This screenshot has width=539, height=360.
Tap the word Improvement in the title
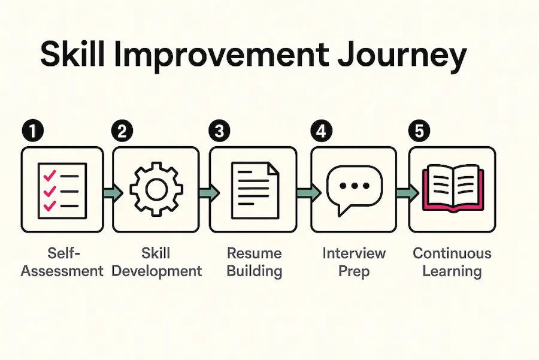tap(220, 55)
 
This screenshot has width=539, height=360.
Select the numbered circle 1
tap(33, 131)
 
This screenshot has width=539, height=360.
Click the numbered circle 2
tap(122, 131)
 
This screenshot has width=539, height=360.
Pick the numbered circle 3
tap(219, 131)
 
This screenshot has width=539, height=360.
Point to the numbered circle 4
tap(321, 131)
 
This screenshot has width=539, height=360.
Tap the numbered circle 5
tap(419, 131)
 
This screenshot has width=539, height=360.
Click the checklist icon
tap(62, 191)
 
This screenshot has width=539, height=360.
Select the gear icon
tap(156, 189)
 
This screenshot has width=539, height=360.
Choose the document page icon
tap(255, 190)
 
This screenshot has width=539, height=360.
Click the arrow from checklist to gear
tap(113, 192)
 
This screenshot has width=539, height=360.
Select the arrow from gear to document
tap(209, 192)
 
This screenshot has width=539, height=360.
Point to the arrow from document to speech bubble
tap(308, 192)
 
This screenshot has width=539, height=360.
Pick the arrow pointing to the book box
tap(407, 192)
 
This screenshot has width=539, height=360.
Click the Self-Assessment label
tap(62, 262)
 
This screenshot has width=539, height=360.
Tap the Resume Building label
tap(255, 262)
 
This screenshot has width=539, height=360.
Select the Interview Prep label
tap(354, 262)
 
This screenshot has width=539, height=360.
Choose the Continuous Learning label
tap(452, 262)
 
